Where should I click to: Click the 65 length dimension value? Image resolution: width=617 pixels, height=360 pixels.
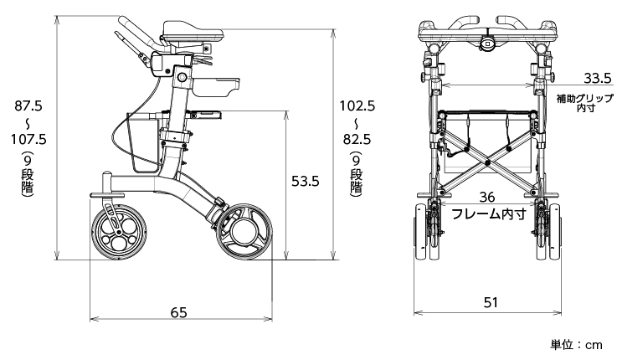pyautogui.click(x=178, y=312)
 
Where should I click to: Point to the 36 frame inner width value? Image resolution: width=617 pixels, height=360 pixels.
pyautogui.click(x=487, y=197)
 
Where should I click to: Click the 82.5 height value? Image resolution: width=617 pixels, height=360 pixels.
pyautogui.click(x=357, y=139)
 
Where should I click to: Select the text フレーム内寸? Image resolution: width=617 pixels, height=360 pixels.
pyautogui.click(x=488, y=213)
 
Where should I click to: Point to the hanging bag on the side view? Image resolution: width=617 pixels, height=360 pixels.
pyautogui.click(x=142, y=142)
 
